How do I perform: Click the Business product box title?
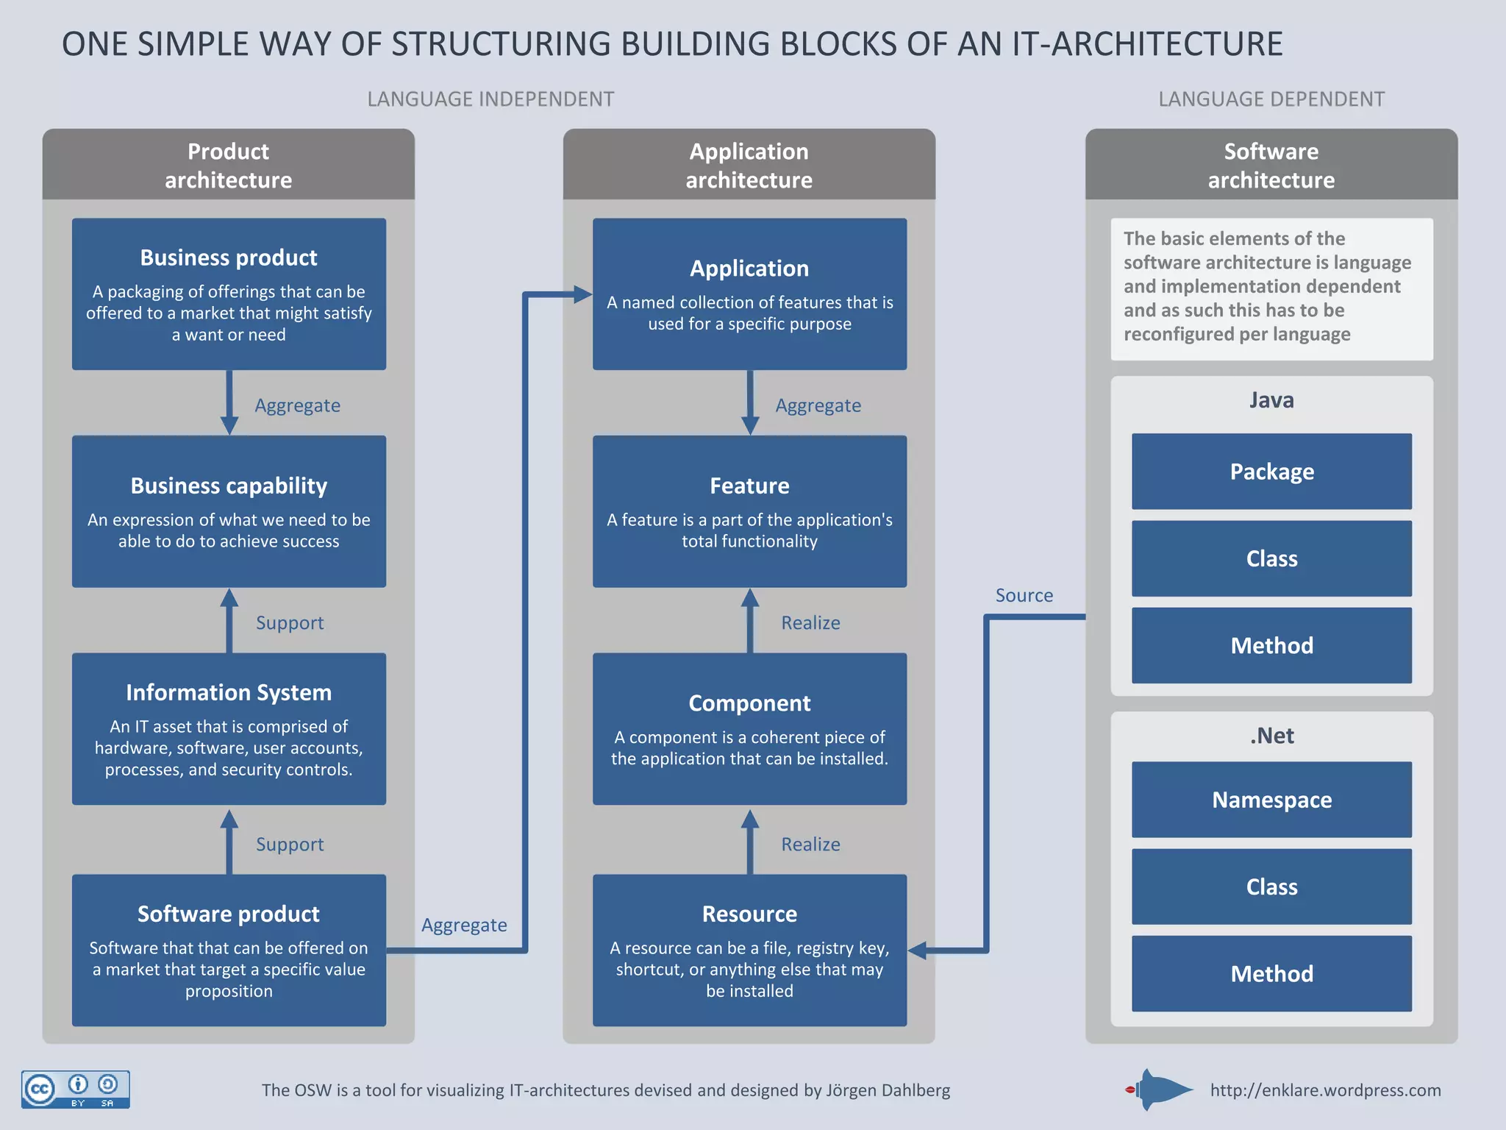(229, 257)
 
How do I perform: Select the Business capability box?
(229, 511)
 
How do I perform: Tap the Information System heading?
(229, 692)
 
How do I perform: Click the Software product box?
(229, 950)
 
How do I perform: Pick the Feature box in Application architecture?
(749, 511)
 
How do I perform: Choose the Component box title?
(749, 703)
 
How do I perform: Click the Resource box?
(749, 950)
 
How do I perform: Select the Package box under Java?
(1271, 472)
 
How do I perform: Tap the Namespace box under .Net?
(1271, 800)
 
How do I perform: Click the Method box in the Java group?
(1271, 645)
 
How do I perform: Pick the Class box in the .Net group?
(1271, 886)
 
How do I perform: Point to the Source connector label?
(1024, 595)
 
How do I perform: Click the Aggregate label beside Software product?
(464, 925)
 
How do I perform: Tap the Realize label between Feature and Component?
(810, 622)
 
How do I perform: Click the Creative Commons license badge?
(76, 1090)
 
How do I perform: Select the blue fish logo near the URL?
(1160, 1090)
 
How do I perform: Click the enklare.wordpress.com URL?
(1325, 1090)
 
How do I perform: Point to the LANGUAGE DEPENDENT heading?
(1271, 99)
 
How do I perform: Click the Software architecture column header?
(1271, 165)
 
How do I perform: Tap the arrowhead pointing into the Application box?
(583, 295)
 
